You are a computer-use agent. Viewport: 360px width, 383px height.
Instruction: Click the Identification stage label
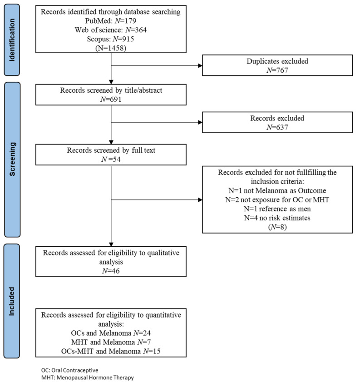[12, 40]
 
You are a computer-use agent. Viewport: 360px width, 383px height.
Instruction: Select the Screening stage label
[12, 159]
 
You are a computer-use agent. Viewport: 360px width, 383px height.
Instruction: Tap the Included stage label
[12, 301]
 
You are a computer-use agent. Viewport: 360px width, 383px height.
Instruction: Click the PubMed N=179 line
[111, 21]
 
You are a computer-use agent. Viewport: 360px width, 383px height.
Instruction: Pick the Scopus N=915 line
[111, 39]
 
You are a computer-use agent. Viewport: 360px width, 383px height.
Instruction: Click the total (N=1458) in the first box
[111, 48]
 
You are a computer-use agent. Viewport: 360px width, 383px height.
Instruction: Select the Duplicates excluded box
[277, 65]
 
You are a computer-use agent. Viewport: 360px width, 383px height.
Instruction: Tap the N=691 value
[111, 99]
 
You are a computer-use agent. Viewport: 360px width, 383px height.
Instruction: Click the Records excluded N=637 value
[277, 127]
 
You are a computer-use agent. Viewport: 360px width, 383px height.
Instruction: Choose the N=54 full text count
[111, 159]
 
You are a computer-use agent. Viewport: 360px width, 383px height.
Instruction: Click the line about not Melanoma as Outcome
[277, 190]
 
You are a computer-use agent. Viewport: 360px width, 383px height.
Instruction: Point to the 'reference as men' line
[277, 209]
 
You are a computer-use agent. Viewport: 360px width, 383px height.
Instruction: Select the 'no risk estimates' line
[277, 218]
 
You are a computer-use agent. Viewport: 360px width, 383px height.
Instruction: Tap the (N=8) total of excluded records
[277, 227]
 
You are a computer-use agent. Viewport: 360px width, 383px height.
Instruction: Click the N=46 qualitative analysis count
[111, 271]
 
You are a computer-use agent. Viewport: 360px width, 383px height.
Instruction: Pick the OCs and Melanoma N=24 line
[111, 333]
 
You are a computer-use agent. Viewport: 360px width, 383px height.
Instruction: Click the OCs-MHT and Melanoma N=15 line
[111, 351]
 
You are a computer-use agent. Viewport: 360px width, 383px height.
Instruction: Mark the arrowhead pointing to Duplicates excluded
[200, 65]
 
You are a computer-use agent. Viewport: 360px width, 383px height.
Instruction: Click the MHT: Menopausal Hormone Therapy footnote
[87, 378]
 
